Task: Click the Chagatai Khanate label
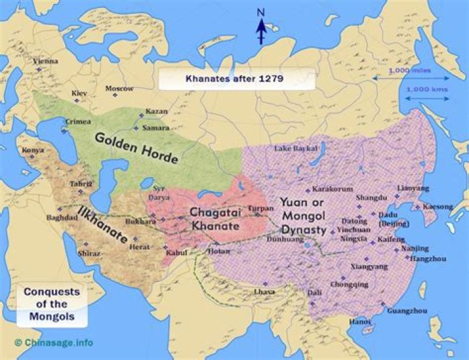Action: tap(214, 218)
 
